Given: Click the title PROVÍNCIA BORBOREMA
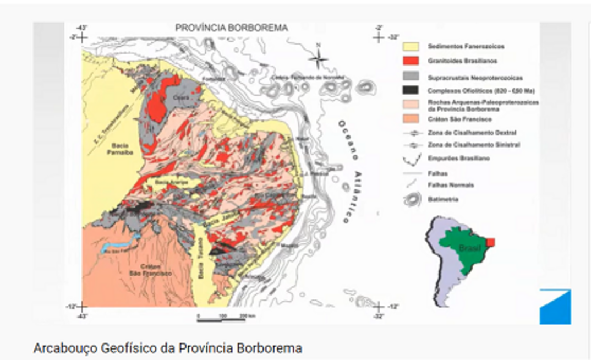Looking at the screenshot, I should (x=231, y=28).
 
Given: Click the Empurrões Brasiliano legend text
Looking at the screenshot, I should (x=452, y=159).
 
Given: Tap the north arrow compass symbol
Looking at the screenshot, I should (x=318, y=58).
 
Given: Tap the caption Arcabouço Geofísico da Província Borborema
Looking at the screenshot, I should (x=167, y=348).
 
